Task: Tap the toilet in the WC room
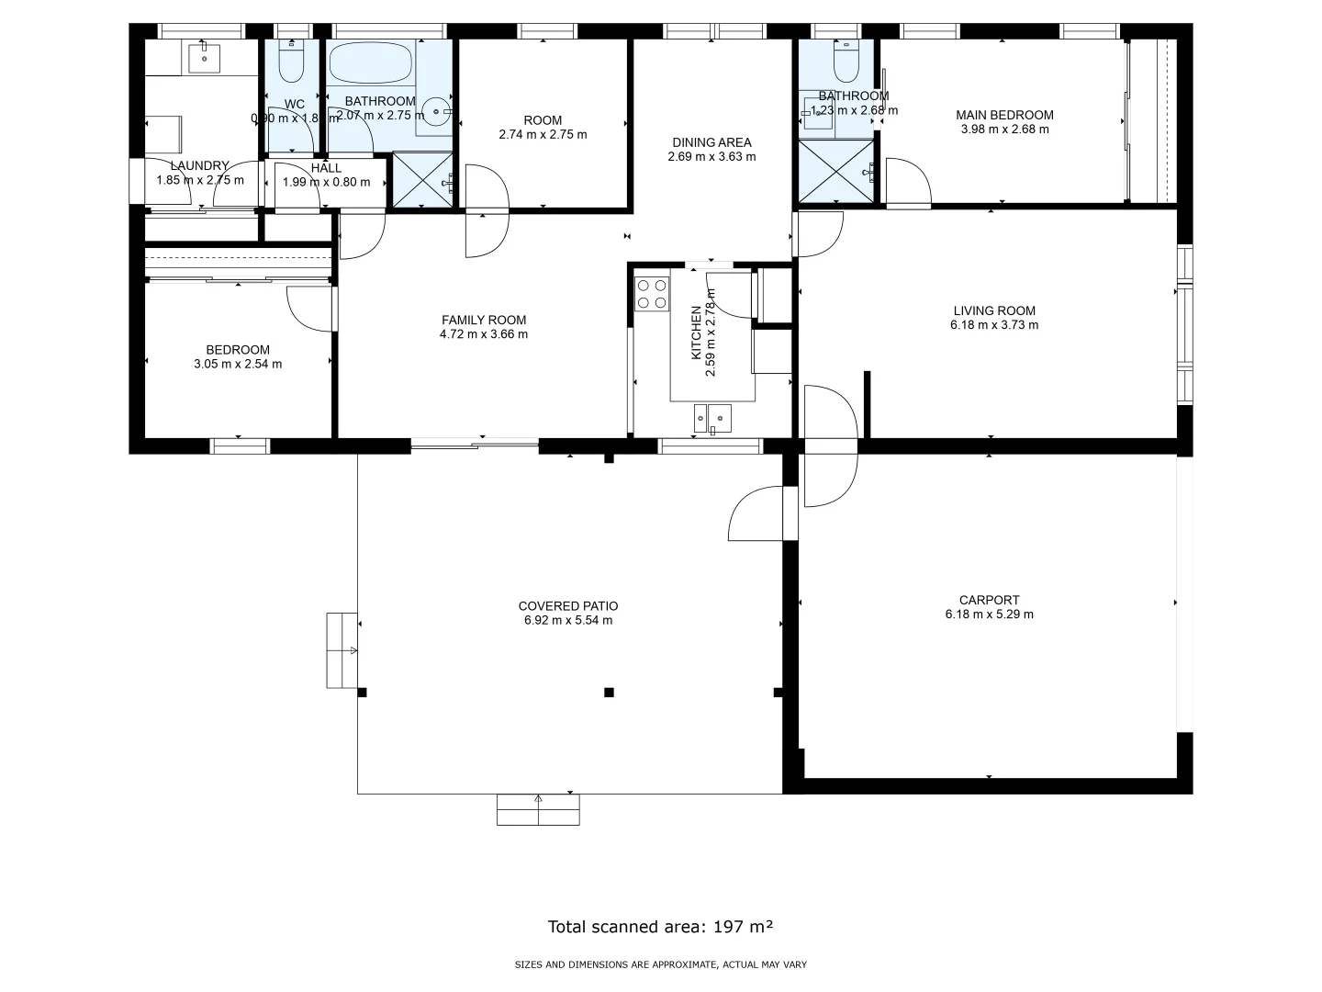[x=292, y=62]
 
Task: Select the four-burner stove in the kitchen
[x=652, y=293]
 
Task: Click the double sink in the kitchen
[x=713, y=418]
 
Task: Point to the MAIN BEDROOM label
[x=1004, y=115]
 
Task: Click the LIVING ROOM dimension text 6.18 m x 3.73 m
[x=994, y=325]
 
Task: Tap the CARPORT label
[x=989, y=600]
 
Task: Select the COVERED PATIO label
[x=568, y=606]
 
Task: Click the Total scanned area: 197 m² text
[x=660, y=926]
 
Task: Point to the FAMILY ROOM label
[x=484, y=320]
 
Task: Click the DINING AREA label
[x=711, y=142]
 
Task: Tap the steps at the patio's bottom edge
[x=538, y=809]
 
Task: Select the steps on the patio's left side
[x=342, y=650]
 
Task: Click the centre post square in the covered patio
[x=609, y=693]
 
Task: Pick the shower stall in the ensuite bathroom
[x=835, y=171]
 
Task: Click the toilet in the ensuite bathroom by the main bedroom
[x=845, y=62]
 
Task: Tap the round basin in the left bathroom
[x=436, y=114]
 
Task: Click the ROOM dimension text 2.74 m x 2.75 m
[x=543, y=134]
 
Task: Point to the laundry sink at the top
[x=204, y=58]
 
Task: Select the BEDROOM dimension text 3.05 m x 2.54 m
[x=238, y=364]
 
